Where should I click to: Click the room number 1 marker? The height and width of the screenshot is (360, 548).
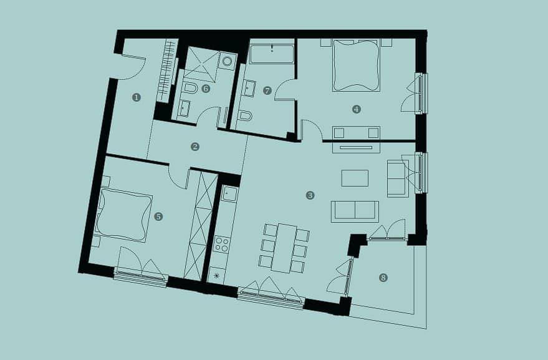coord(137,97)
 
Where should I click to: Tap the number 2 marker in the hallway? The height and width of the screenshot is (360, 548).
coord(195,147)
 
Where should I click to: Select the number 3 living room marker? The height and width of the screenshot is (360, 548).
coord(310,195)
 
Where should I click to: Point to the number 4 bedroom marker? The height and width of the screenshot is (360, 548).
coord(356,110)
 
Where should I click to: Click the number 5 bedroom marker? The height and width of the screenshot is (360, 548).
coord(158,216)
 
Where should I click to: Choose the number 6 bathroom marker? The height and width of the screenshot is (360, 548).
coord(206,89)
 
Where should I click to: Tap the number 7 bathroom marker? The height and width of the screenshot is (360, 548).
coord(267,91)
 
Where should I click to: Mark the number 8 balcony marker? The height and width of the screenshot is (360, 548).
coord(383,278)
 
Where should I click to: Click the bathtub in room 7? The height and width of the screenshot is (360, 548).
coord(272,54)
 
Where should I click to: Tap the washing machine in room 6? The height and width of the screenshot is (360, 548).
coord(227,61)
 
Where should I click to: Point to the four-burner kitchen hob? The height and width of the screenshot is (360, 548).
coord(221,244)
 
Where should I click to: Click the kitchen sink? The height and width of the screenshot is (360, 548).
coord(229,193)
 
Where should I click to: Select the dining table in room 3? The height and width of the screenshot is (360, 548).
coord(284,248)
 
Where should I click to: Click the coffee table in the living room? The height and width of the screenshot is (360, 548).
coord(355,178)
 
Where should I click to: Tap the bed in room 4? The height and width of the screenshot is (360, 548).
coord(356,66)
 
